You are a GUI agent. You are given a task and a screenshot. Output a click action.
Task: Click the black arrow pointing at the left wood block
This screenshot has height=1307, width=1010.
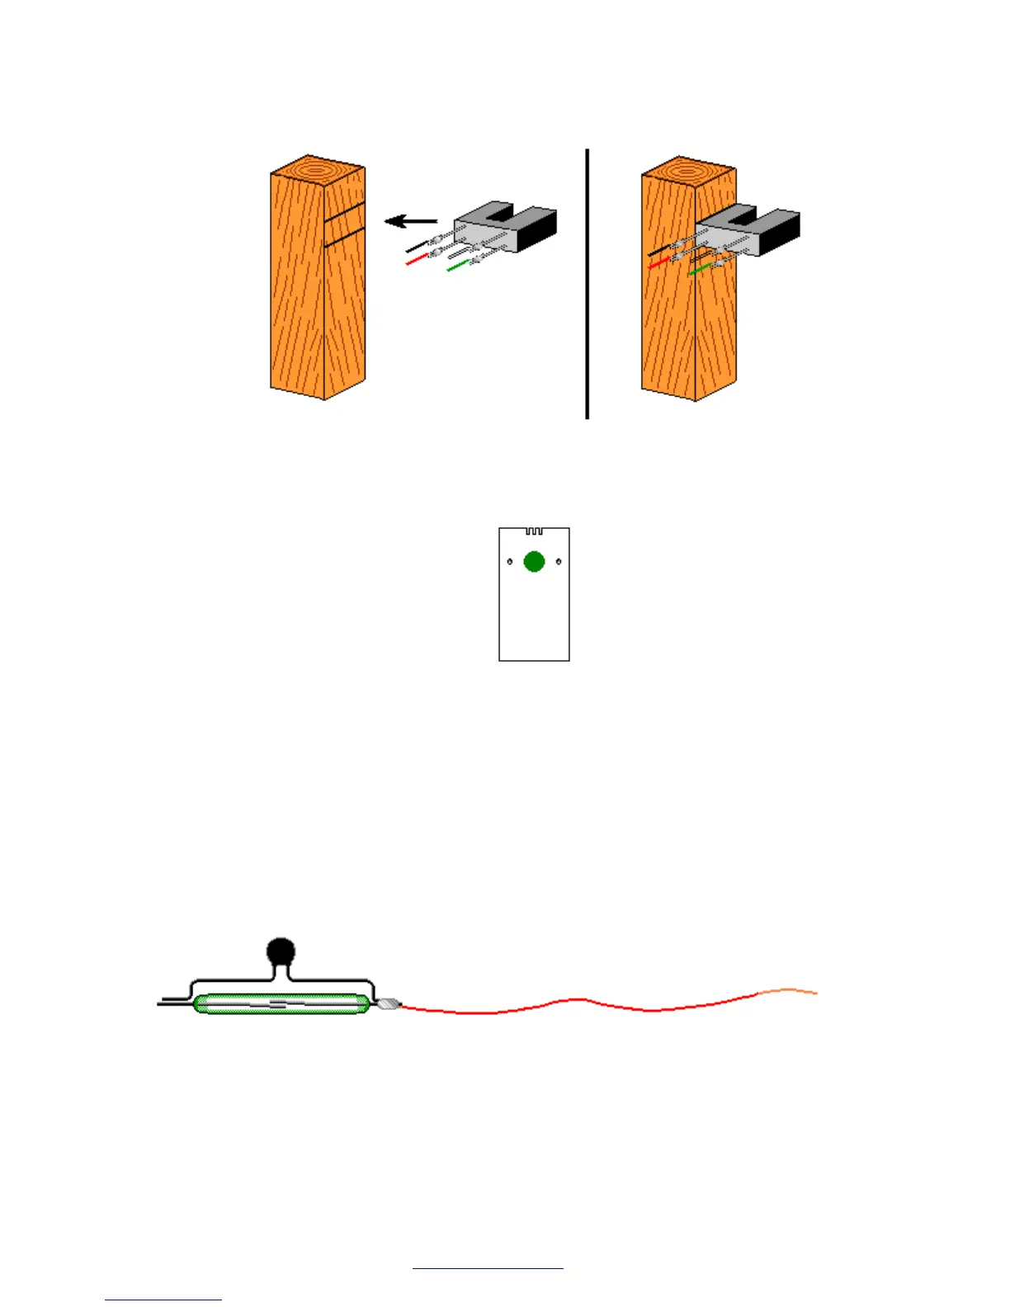[x=410, y=221]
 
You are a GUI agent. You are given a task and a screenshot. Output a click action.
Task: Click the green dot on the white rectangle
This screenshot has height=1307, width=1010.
[x=534, y=562]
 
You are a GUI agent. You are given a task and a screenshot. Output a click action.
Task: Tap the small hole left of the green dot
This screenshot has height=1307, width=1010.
[x=510, y=562]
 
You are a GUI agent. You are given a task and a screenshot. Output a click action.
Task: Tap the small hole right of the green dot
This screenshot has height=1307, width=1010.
[x=559, y=562]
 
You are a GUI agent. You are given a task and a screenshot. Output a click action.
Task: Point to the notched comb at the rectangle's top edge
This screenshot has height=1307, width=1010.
[x=534, y=531]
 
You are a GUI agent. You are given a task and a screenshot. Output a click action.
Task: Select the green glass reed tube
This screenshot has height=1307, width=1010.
[x=281, y=1004]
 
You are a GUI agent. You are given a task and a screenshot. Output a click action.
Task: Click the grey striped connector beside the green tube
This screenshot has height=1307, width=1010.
[x=388, y=1006]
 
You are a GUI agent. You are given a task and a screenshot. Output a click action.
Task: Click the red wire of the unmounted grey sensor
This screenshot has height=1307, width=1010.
[x=417, y=260]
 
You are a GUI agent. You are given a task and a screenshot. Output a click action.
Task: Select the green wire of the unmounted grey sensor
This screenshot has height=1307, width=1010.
[x=457, y=266]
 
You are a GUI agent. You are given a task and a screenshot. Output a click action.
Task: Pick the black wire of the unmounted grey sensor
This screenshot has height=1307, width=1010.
[x=416, y=247]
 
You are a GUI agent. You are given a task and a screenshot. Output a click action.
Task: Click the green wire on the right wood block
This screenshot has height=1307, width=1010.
[x=699, y=270]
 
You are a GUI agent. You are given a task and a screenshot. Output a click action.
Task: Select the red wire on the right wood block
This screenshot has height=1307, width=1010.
[x=658, y=263]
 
